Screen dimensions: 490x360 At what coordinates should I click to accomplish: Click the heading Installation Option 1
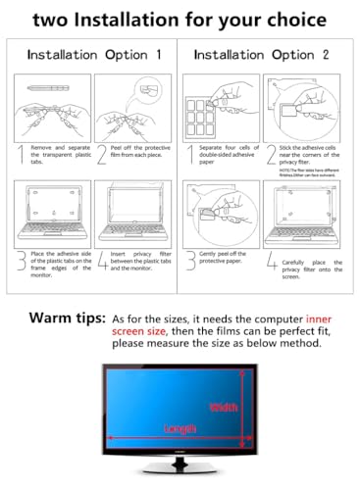[95, 56]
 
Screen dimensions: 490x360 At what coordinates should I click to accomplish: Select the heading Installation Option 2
[266, 56]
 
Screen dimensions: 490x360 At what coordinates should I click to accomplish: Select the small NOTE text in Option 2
[305, 169]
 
